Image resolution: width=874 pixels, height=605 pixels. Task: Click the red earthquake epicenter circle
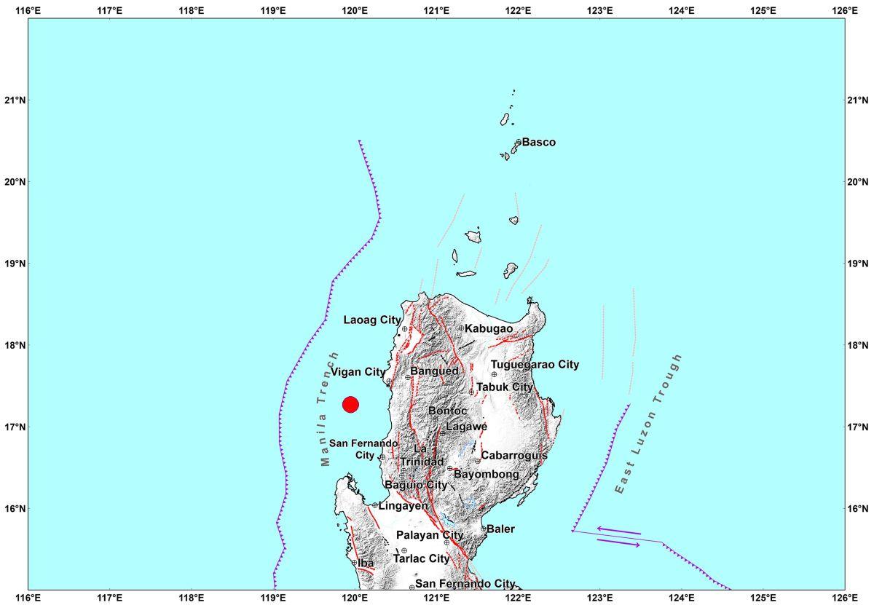[350, 405]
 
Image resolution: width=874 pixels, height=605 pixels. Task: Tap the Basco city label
[539, 143]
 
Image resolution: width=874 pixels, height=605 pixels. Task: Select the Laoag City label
[372, 320]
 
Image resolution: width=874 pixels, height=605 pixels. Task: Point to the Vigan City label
[358, 372]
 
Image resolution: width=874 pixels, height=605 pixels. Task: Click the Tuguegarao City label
[535, 365]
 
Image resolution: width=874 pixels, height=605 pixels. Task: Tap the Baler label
[501, 529]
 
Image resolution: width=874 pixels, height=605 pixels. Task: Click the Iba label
[366, 564]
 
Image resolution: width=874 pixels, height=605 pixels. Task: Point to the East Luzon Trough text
[649, 424]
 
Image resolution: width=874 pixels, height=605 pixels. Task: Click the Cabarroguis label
[514, 456]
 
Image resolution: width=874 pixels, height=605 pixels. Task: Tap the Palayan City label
[430, 535]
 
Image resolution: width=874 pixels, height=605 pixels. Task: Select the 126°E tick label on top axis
[844, 10]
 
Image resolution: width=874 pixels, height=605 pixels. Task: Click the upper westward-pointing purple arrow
[618, 531]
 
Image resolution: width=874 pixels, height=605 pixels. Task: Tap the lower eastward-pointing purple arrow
[618, 542]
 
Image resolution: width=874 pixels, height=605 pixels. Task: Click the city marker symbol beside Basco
[519, 142]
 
